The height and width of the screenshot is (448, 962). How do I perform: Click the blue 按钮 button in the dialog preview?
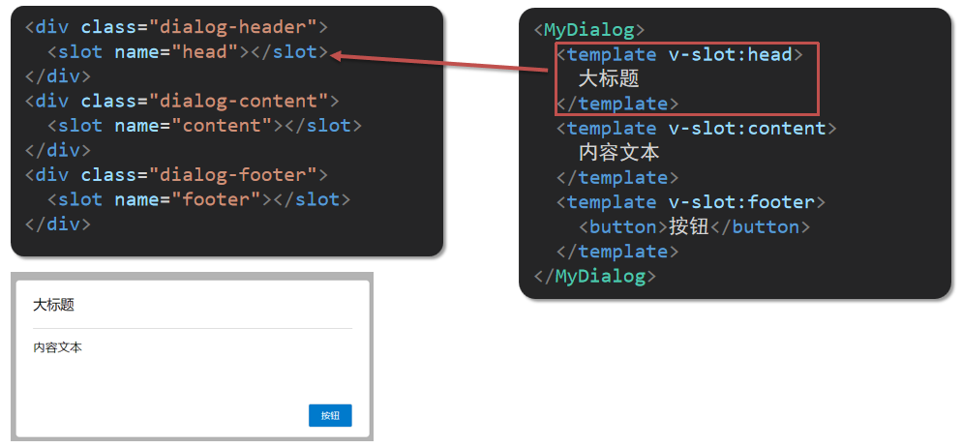(x=330, y=415)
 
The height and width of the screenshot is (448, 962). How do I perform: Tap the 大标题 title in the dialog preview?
(x=53, y=305)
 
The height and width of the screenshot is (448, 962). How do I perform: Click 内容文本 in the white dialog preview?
(x=57, y=347)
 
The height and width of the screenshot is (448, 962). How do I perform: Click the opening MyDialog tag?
(x=587, y=30)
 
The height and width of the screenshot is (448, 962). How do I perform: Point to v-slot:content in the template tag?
(x=746, y=128)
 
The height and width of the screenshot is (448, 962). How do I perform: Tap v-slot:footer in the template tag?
(x=741, y=201)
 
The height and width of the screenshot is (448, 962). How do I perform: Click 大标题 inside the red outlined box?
(x=609, y=78)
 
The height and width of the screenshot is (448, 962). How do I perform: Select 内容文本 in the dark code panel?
(x=619, y=152)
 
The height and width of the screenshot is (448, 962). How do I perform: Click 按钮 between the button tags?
(x=686, y=226)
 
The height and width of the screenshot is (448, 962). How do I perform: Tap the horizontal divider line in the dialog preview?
(x=193, y=329)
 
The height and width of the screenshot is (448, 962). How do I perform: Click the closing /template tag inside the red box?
(x=617, y=104)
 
